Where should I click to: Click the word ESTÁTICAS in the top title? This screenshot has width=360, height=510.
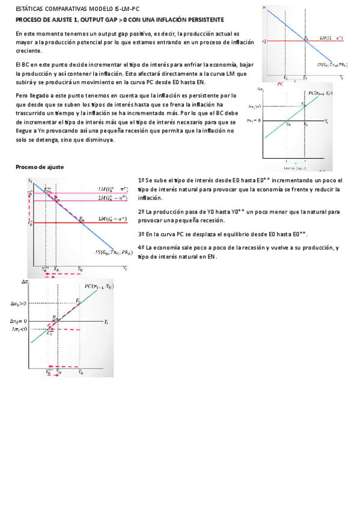click(x=30, y=10)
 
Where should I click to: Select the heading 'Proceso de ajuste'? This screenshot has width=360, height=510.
click(x=39, y=167)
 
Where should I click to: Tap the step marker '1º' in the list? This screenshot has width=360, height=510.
click(x=141, y=180)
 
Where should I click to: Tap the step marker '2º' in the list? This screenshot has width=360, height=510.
click(x=141, y=212)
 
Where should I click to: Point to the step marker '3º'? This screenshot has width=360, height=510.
click(x=141, y=233)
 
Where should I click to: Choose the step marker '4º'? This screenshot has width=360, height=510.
click(x=141, y=248)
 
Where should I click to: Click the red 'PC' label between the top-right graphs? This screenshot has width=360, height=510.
click(x=280, y=84)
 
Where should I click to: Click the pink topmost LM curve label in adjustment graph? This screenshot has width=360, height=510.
click(x=112, y=188)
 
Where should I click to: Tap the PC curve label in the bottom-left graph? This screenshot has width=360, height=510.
click(x=100, y=287)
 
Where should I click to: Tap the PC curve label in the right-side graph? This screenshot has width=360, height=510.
click(x=321, y=93)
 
